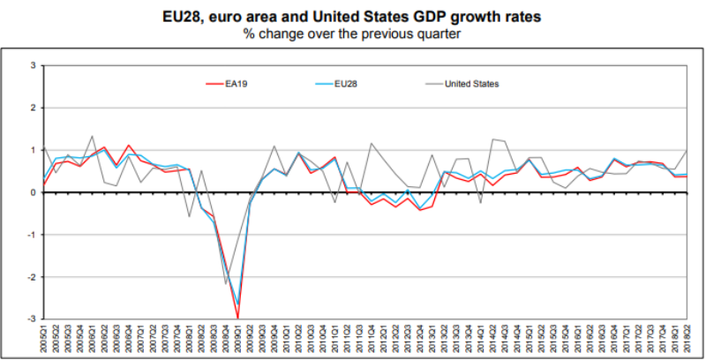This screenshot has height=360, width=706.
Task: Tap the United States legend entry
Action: click(x=470, y=84)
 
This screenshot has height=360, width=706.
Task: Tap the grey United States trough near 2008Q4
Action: click(x=226, y=283)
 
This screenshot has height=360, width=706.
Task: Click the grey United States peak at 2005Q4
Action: click(x=92, y=136)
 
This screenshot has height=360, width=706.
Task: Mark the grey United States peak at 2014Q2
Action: click(x=492, y=139)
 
